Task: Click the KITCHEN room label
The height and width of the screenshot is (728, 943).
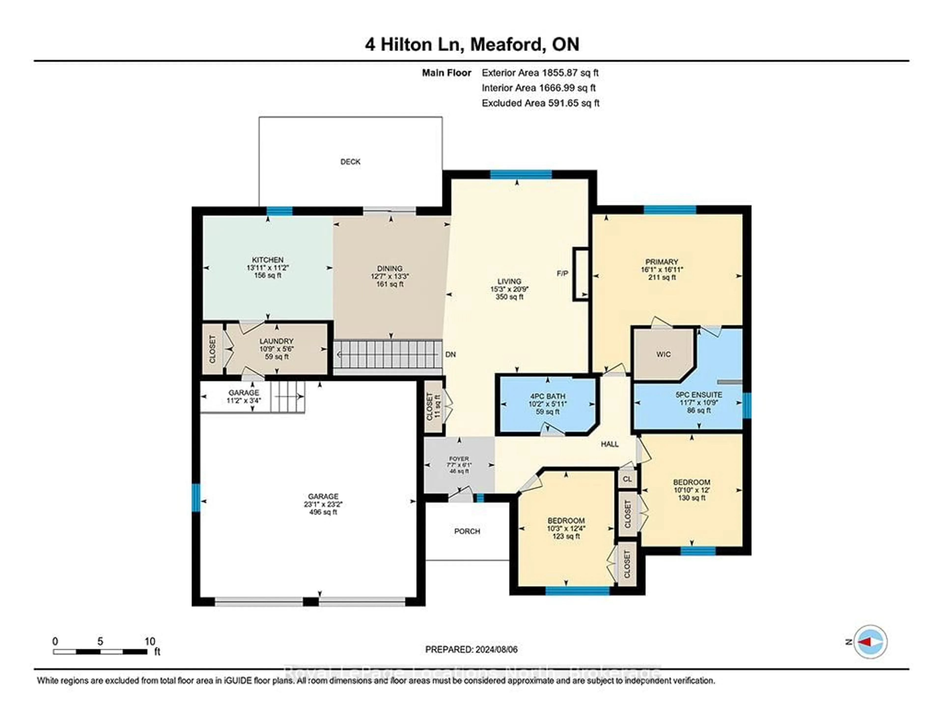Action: pyautogui.click(x=268, y=260)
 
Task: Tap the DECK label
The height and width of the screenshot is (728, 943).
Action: pyautogui.click(x=350, y=162)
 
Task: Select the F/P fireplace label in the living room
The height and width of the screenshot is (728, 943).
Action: pyautogui.click(x=562, y=274)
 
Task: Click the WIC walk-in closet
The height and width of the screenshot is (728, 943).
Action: pyautogui.click(x=663, y=354)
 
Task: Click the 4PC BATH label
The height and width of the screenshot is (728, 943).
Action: pyautogui.click(x=547, y=396)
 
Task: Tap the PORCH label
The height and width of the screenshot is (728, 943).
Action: pyautogui.click(x=467, y=531)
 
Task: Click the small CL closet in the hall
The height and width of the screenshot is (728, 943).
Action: pyautogui.click(x=627, y=479)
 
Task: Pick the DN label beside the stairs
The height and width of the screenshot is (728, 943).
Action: pyautogui.click(x=450, y=355)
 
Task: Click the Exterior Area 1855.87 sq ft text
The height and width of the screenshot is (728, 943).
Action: pyautogui.click(x=540, y=73)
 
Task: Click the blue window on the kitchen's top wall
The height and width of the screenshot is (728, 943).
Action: pyautogui.click(x=279, y=211)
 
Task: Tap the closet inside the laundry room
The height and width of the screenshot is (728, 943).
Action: pyautogui.click(x=212, y=349)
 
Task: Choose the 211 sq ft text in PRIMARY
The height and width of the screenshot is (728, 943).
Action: pyautogui.click(x=662, y=277)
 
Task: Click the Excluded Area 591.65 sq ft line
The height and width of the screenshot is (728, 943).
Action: pyautogui.click(x=540, y=103)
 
